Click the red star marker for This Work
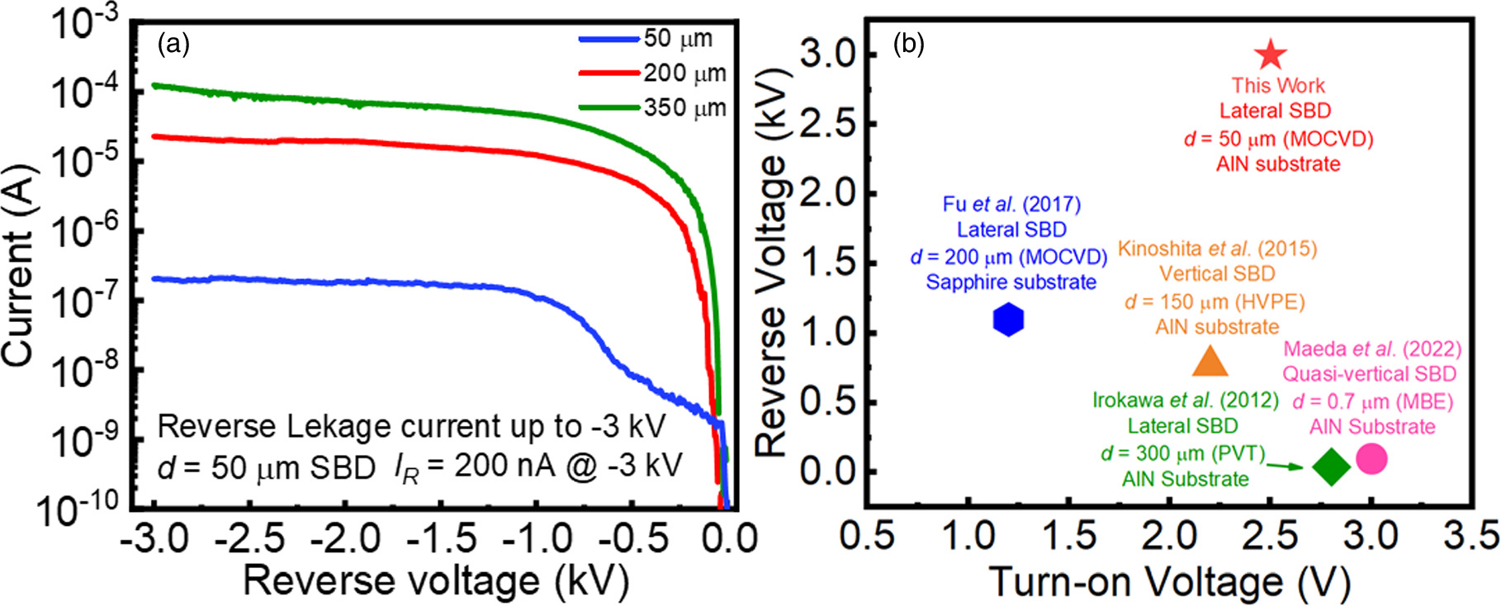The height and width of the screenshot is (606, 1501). (x=1271, y=55)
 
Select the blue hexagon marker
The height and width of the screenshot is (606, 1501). (x=1008, y=319)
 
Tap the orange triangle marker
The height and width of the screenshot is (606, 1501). (x=1210, y=362)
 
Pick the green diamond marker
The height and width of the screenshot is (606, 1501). (x=1331, y=466)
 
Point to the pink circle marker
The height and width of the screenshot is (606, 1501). (x=1371, y=458)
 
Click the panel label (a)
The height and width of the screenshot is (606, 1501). (x=173, y=44)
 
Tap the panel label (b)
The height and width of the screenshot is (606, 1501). (x=909, y=45)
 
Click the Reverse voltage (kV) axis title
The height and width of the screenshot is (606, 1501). (x=435, y=580)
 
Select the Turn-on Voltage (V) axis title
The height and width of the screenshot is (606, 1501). (x=1169, y=582)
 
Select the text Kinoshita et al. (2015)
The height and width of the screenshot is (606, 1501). (x=1217, y=249)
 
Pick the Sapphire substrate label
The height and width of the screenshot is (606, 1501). (x=1011, y=282)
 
